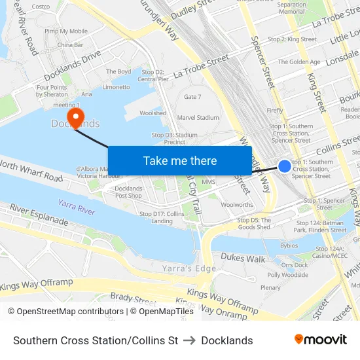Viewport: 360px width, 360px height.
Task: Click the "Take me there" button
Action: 180,160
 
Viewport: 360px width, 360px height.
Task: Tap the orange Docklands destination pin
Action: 76,118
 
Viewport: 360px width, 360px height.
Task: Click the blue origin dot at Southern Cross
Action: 285,166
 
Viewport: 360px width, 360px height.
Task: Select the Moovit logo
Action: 321,340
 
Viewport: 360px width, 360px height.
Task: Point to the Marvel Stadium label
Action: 198,118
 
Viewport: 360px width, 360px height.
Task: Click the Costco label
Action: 41,7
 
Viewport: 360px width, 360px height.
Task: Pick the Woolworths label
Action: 237,205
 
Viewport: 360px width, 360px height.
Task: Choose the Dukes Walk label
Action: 243,259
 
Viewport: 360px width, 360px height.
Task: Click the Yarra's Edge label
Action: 189,268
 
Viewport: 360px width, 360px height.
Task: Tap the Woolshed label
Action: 153,113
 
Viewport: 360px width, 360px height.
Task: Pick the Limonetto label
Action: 116,87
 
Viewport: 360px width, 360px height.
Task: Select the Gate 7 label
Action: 192,97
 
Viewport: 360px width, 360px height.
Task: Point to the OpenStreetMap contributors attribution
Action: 65,312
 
